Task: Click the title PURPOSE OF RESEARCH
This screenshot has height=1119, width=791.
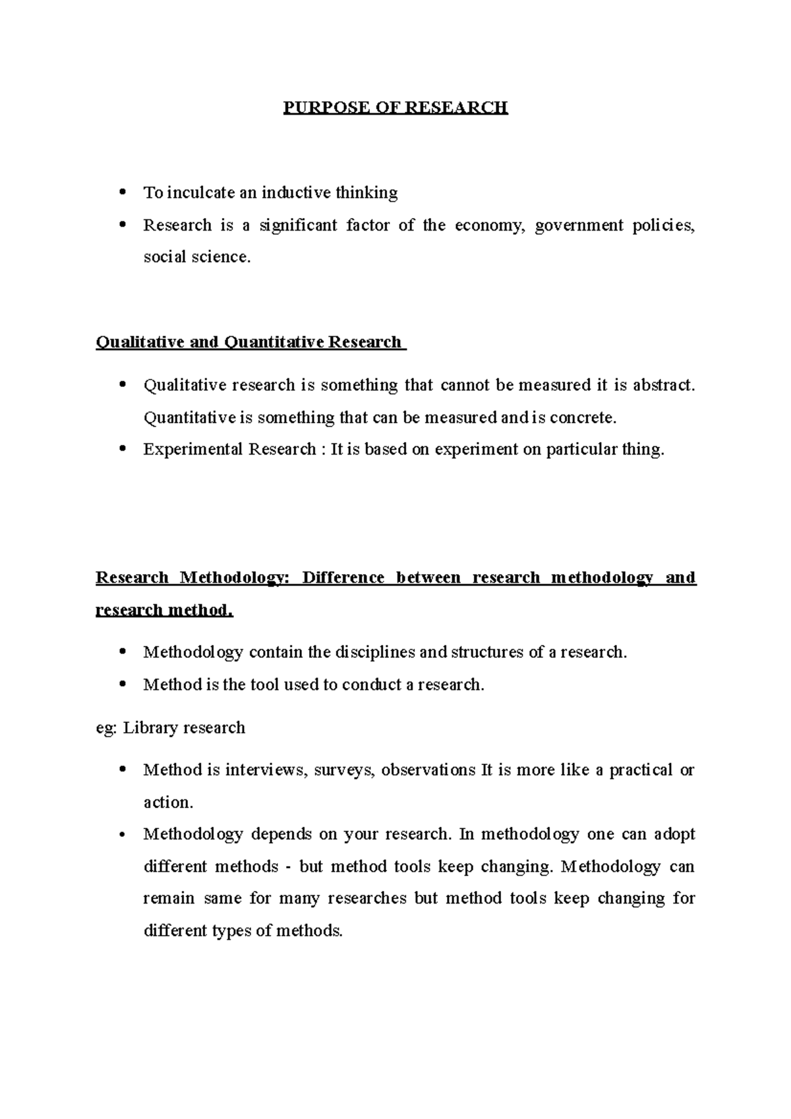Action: point(395,107)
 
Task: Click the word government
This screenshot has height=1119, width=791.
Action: point(579,225)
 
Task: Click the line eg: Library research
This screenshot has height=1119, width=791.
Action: point(171,728)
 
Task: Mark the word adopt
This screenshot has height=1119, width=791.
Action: point(674,834)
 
